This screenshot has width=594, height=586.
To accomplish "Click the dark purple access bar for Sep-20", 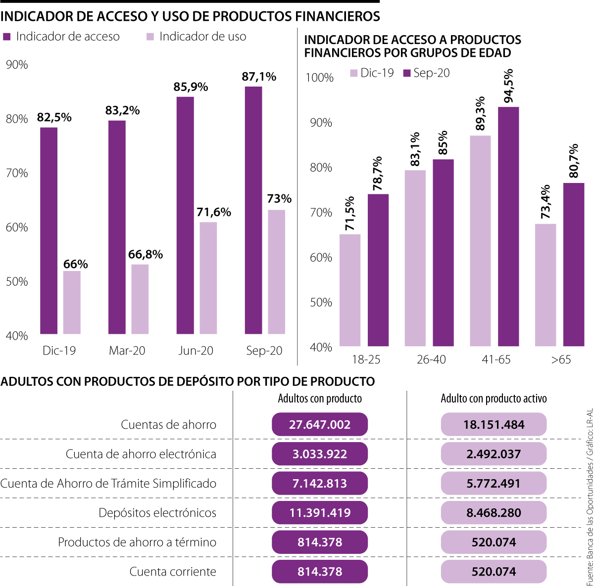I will (x=253, y=210).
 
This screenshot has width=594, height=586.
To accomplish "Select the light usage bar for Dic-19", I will (x=72, y=302).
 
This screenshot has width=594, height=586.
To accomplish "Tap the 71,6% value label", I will (x=214, y=212).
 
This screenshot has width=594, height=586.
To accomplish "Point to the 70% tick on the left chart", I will (x=17, y=173).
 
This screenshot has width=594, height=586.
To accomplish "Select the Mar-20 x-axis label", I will (x=127, y=351).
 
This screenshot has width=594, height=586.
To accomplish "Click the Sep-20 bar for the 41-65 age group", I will (x=508, y=226).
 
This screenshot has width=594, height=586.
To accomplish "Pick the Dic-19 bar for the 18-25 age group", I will (x=350, y=290).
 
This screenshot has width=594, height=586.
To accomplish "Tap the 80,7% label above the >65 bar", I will (x=573, y=161).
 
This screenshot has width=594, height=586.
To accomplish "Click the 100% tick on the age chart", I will (x=320, y=78).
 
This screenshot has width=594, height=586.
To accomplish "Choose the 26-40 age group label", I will (x=431, y=360).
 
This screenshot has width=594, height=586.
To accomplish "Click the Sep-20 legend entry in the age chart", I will (x=427, y=73).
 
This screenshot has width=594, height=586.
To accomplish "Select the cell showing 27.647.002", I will (x=320, y=424).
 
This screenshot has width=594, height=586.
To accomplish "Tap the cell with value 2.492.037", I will (x=494, y=454).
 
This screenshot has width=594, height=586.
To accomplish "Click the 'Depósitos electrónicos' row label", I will (x=157, y=513).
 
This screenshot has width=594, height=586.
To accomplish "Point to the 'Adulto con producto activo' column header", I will (x=494, y=399).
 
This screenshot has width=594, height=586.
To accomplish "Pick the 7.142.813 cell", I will (x=320, y=484).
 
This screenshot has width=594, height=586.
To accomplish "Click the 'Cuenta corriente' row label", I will (x=173, y=572).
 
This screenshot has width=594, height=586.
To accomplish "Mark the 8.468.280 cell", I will (x=494, y=513).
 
